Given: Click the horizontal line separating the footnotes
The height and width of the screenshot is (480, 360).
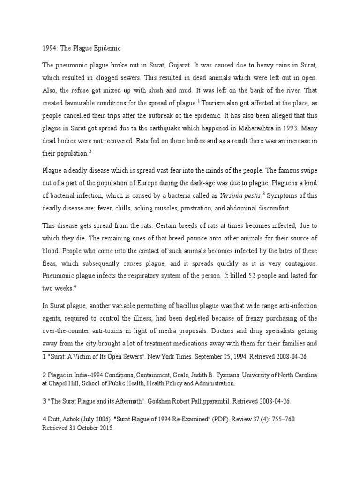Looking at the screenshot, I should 77,350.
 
